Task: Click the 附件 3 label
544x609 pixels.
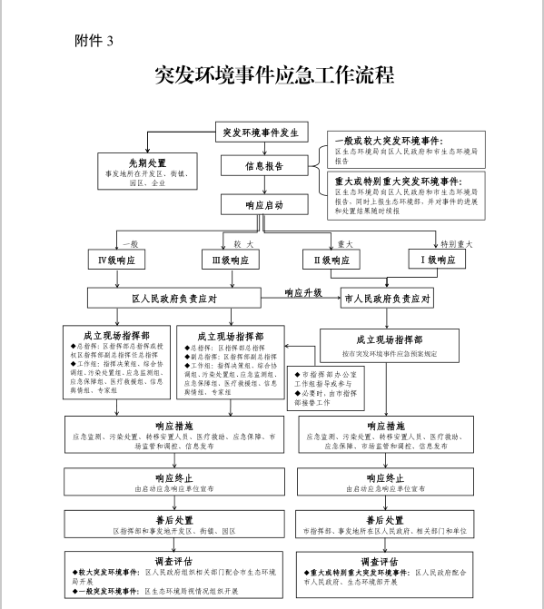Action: pyautogui.click(x=95, y=40)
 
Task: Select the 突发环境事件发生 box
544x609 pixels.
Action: pyautogui.click(x=261, y=133)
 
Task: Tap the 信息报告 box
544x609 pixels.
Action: pyautogui.click(x=263, y=166)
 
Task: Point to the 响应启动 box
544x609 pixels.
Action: pyautogui.click(x=264, y=206)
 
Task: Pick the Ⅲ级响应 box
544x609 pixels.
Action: pyautogui.click(x=230, y=260)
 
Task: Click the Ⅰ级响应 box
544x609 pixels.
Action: pyautogui.click(x=438, y=260)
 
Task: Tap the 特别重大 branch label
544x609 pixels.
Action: pyautogui.click(x=457, y=243)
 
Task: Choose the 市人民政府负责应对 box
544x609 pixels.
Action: pyautogui.click(x=386, y=298)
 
